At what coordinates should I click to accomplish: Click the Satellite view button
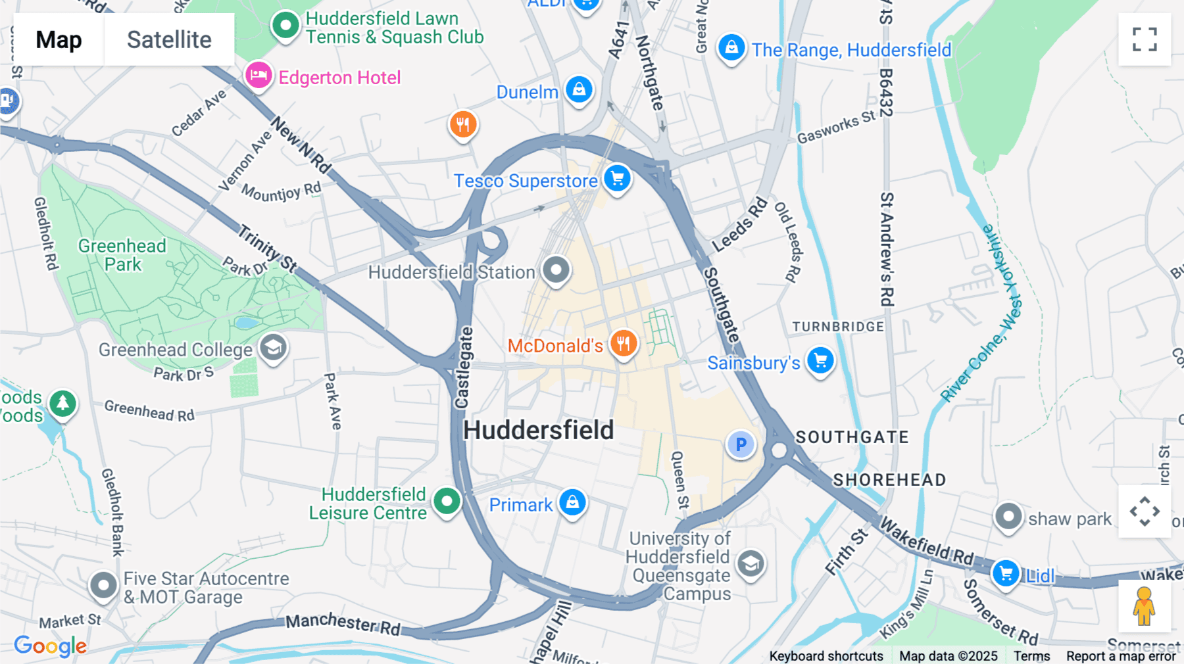(169, 39)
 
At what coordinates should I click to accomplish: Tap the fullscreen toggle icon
(1145, 39)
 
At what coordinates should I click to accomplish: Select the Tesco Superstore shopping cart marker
(617, 178)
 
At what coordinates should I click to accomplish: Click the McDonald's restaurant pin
(623, 344)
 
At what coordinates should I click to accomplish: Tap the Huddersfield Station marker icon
(556, 270)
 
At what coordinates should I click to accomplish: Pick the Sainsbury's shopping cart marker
(820, 360)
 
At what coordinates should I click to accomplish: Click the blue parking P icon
(741, 445)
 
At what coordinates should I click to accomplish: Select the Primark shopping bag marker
(572, 503)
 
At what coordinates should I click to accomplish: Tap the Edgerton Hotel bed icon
(259, 76)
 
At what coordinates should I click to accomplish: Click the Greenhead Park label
(122, 255)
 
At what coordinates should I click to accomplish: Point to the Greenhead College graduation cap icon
(273, 347)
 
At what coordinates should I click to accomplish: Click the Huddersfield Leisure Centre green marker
(447, 502)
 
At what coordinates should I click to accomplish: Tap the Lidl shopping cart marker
(1006, 574)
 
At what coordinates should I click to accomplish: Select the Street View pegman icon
(1144, 606)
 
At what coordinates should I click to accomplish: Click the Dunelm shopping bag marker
(579, 89)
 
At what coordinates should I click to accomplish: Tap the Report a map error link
(1121, 656)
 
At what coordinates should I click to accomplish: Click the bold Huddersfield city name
(538, 431)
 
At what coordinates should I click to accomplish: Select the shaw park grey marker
(1008, 517)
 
